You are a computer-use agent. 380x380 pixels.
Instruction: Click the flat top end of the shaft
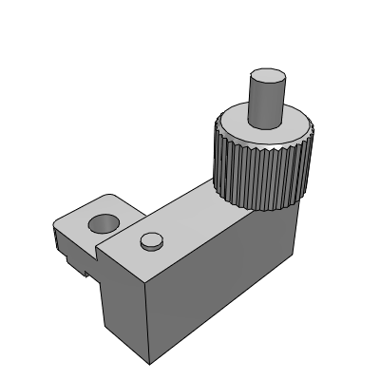click(x=270, y=75)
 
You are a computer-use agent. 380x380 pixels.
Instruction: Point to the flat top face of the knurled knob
click(x=237, y=128)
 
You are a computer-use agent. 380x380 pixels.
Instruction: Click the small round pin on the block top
click(x=150, y=240)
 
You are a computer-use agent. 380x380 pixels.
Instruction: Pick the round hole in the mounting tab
click(x=102, y=224)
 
